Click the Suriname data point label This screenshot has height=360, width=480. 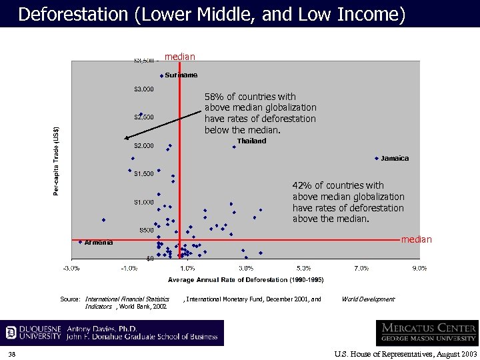181,75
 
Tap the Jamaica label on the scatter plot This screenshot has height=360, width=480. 395,159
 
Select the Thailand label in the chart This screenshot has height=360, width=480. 251,141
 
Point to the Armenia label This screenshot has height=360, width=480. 99,243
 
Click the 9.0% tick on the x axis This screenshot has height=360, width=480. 419,268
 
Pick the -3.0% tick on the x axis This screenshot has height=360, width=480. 71,268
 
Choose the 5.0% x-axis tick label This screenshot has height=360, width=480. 303,268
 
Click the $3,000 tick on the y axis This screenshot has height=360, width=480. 144,89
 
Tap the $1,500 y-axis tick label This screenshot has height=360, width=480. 144,174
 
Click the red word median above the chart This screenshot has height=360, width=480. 180,57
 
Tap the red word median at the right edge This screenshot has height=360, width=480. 416,239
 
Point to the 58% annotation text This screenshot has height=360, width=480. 260,113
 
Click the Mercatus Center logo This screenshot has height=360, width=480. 427,333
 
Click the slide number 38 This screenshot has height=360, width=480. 13,353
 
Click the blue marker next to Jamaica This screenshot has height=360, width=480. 377,159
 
